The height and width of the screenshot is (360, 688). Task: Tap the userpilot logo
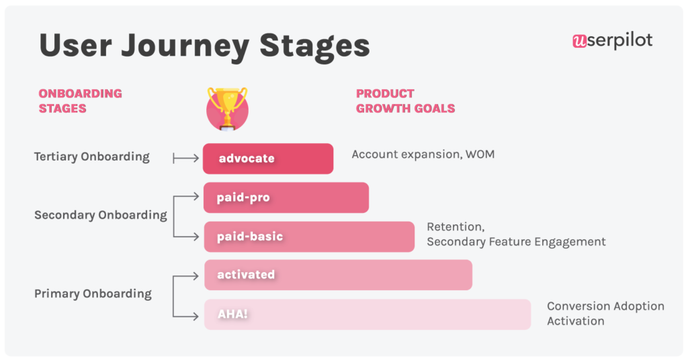[612, 41]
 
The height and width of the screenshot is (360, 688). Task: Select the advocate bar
[268, 159]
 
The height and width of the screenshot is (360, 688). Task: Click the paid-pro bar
[286, 197]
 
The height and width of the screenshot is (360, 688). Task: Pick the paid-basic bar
[309, 236]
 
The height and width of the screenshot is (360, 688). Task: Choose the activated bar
[338, 275]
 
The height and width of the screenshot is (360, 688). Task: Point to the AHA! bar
[367, 314]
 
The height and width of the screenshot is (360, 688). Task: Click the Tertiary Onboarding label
[91, 157]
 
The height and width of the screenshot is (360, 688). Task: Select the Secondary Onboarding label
[100, 216]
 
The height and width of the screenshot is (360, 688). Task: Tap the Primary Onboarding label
[93, 294]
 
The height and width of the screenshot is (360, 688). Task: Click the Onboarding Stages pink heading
[80, 101]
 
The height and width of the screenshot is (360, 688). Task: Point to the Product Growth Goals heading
[405, 101]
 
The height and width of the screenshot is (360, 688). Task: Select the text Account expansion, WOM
[423, 154]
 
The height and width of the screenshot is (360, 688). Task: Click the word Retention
[456, 227]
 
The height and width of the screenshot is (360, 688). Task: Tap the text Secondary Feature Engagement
[516, 242]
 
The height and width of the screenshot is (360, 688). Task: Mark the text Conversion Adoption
[605, 306]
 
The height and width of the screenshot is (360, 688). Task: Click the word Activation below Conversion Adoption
[575, 321]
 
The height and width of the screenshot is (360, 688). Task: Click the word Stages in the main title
[314, 46]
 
